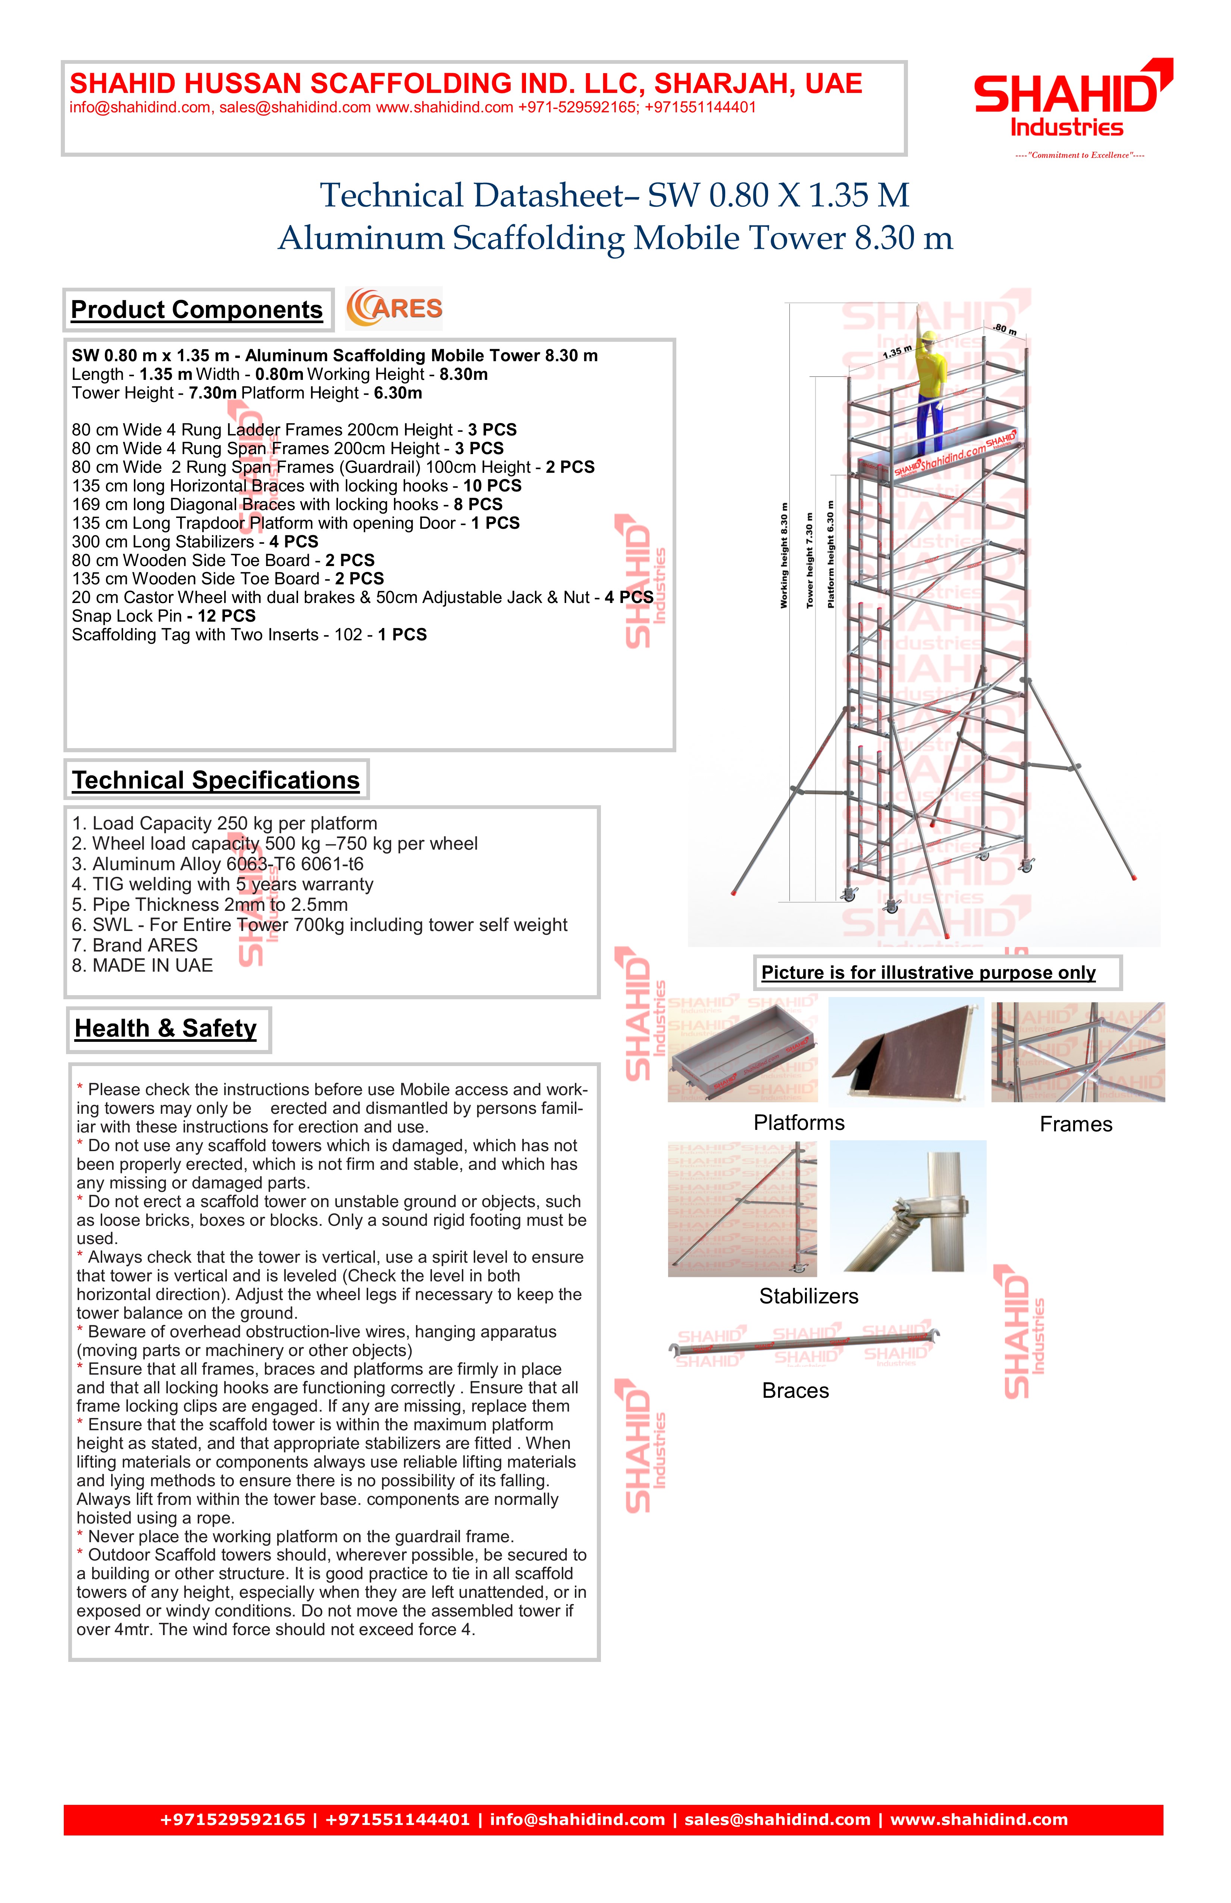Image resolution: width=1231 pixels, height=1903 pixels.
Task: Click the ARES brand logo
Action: (394, 309)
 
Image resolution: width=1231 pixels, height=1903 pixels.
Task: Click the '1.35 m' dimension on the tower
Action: (897, 352)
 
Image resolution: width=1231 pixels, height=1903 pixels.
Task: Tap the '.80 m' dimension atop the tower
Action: (1005, 329)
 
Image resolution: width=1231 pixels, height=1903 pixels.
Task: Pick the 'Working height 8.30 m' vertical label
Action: (784, 556)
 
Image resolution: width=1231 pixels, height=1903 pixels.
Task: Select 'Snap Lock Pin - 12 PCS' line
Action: (164, 616)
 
